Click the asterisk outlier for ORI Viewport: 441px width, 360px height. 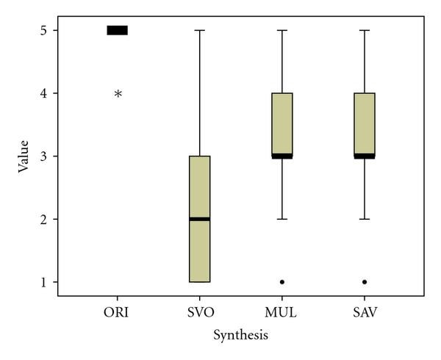click(118, 94)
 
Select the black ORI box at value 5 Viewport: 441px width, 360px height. click(118, 30)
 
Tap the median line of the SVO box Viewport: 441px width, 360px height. click(200, 219)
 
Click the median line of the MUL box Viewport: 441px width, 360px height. click(282, 156)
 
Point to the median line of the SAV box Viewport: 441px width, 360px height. click(365, 156)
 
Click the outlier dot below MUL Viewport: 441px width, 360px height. click(282, 282)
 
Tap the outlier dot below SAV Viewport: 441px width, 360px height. click(365, 282)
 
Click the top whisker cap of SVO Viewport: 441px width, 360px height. click(200, 30)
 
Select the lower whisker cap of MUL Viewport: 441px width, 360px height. click(282, 219)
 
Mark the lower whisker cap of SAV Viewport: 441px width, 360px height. click(365, 219)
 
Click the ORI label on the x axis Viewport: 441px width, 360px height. click(118, 312)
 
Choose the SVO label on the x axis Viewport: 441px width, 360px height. click(200, 312)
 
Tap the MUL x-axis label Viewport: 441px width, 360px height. click(282, 312)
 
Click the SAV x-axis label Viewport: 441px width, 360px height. click(365, 312)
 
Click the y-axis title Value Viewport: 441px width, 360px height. click(24, 156)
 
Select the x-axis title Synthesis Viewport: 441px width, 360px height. click(240, 336)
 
